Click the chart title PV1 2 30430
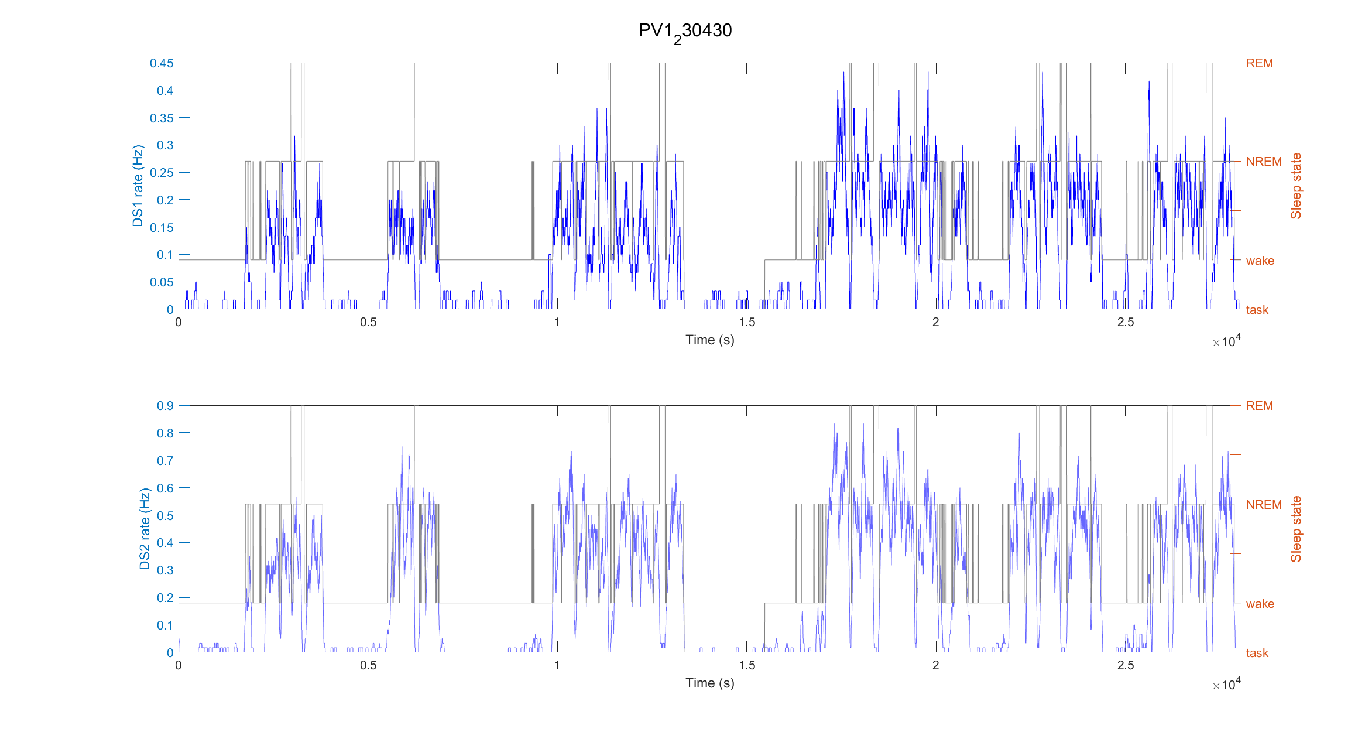pyautogui.click(x=685, y=31)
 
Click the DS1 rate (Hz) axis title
pyautogui.click(x=138, y=186)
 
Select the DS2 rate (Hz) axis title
pyautogui.click(x=145, y=529)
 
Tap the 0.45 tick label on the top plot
pyautogui.click(x=162, y=63)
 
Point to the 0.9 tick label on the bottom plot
pyautogui.click(x=165, y=406)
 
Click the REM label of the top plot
pyautogui.click(x=1259, y=63)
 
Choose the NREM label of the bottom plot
pyautogui.click(x=1264, y=505)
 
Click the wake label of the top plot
pyautogui.click(x=1260, y=261)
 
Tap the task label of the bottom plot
pyautogui.click(x=1257, y=653)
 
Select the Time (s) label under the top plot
pyautogui.click(x=709, y=340)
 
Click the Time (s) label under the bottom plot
pyautogui.click(x=709, y=683)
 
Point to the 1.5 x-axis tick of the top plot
pyautogui.click(x=747, y=322)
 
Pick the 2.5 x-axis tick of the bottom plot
pyautogui.click(x=1125, y=665)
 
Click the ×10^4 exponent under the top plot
pyautogui.click(x=1226, y=341)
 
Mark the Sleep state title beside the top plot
pyautogui.click(x=1296, y=186)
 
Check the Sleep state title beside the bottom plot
pyautogui.click(x=1296, y=529)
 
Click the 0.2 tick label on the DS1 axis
pyautogui.click(x=165, y=200)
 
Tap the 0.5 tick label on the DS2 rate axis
pyautogui.click(x=165, y=516)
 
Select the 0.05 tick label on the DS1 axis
pyautogui.click(x=162, y=282)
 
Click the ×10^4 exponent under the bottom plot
pyautogui.click(x=1226, y=685)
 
